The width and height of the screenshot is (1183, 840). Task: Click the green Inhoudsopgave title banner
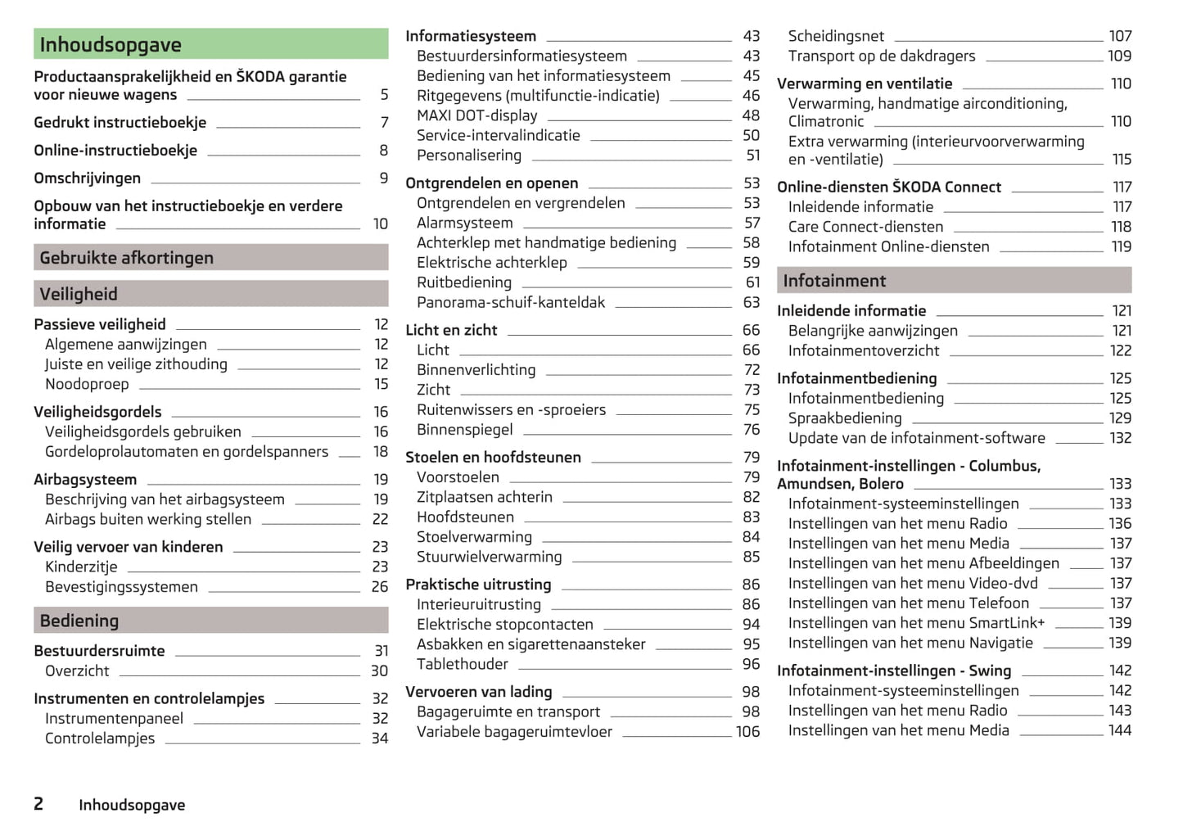210,44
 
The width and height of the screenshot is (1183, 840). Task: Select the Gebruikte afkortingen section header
210,258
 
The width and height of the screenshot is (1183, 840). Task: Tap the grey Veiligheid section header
210,294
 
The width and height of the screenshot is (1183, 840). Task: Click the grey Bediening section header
210,621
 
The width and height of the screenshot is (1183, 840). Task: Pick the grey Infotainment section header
954,281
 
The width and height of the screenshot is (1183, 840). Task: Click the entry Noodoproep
87,384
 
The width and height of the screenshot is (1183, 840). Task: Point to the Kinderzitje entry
81,567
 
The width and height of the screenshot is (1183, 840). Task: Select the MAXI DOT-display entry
477,115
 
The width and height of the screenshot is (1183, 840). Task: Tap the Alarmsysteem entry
465,223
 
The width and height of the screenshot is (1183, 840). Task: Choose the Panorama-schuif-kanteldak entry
511,302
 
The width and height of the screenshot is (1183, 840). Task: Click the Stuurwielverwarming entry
490,557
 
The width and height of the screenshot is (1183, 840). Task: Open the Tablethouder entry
463,664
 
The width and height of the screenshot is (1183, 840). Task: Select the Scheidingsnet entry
836,36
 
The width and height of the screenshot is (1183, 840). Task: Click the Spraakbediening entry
845,418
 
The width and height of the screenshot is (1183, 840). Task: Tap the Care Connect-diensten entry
865,227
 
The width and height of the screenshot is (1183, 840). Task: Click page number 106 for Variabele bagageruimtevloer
747,732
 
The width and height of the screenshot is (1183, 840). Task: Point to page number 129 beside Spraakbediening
1120,418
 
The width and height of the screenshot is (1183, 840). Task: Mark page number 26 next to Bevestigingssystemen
380,587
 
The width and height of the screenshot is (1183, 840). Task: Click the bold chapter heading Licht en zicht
451,330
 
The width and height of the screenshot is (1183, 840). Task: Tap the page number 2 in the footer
38,804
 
